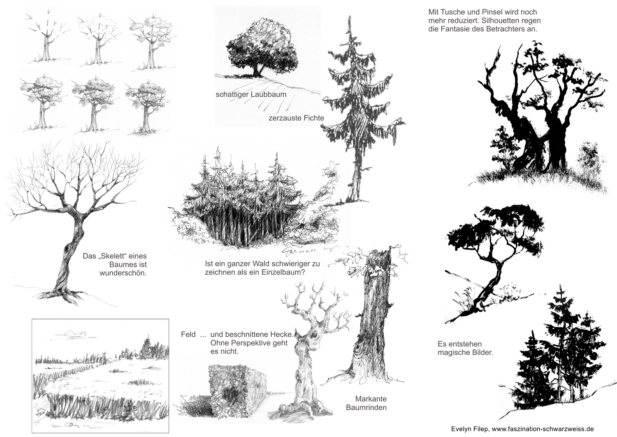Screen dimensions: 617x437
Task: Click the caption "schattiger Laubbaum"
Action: (251, 95)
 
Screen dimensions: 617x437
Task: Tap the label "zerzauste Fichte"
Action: (296, 118)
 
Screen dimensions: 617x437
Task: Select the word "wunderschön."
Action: (123, 273)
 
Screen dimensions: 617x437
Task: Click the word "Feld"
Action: (188, 335)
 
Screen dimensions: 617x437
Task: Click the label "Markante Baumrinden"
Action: (366, 403)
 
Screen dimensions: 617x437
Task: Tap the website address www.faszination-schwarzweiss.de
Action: (543, 429)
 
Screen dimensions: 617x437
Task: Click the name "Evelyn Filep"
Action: (470, 429)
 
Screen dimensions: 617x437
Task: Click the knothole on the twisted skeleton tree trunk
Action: (67, 249)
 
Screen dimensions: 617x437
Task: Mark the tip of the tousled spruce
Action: (350, 16)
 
